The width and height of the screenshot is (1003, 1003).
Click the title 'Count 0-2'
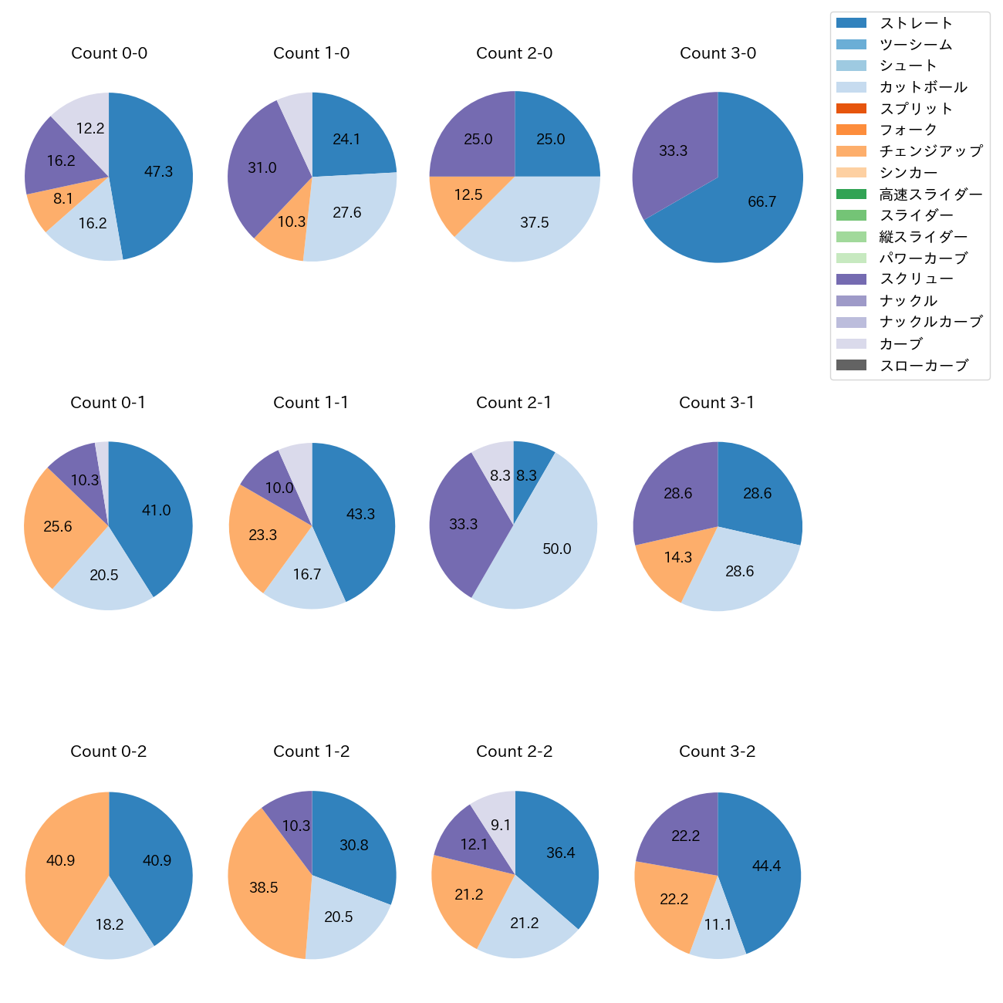click(x=109, y=751)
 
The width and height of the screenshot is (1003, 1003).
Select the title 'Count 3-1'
click(x=717, y=403)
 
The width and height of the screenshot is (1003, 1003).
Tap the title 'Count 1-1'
click(x=311, y=403)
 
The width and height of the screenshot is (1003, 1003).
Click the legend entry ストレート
click(x=916, y=23)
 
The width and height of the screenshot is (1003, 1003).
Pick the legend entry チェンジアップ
click(x=930, y=151)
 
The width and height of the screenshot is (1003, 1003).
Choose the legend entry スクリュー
click(x=916, y=279)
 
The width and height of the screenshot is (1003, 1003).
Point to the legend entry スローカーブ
click(x=924, y=366)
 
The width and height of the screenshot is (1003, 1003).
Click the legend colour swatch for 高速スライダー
click(x=851, y=194)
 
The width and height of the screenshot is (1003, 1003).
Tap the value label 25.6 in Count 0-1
click(x=58, y=527)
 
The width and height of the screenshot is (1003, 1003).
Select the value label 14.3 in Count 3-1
click(x=678, y=557)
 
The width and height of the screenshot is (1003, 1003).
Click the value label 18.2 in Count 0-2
click(x=110, y=924)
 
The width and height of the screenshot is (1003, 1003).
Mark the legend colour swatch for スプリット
click(x=851, y=109)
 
